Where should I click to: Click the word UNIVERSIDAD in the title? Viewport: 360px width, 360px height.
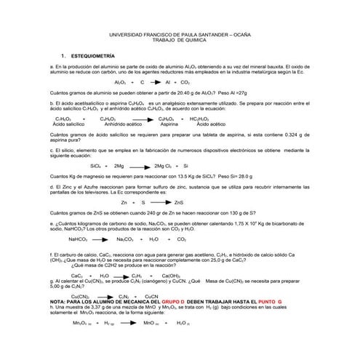(126, 34)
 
